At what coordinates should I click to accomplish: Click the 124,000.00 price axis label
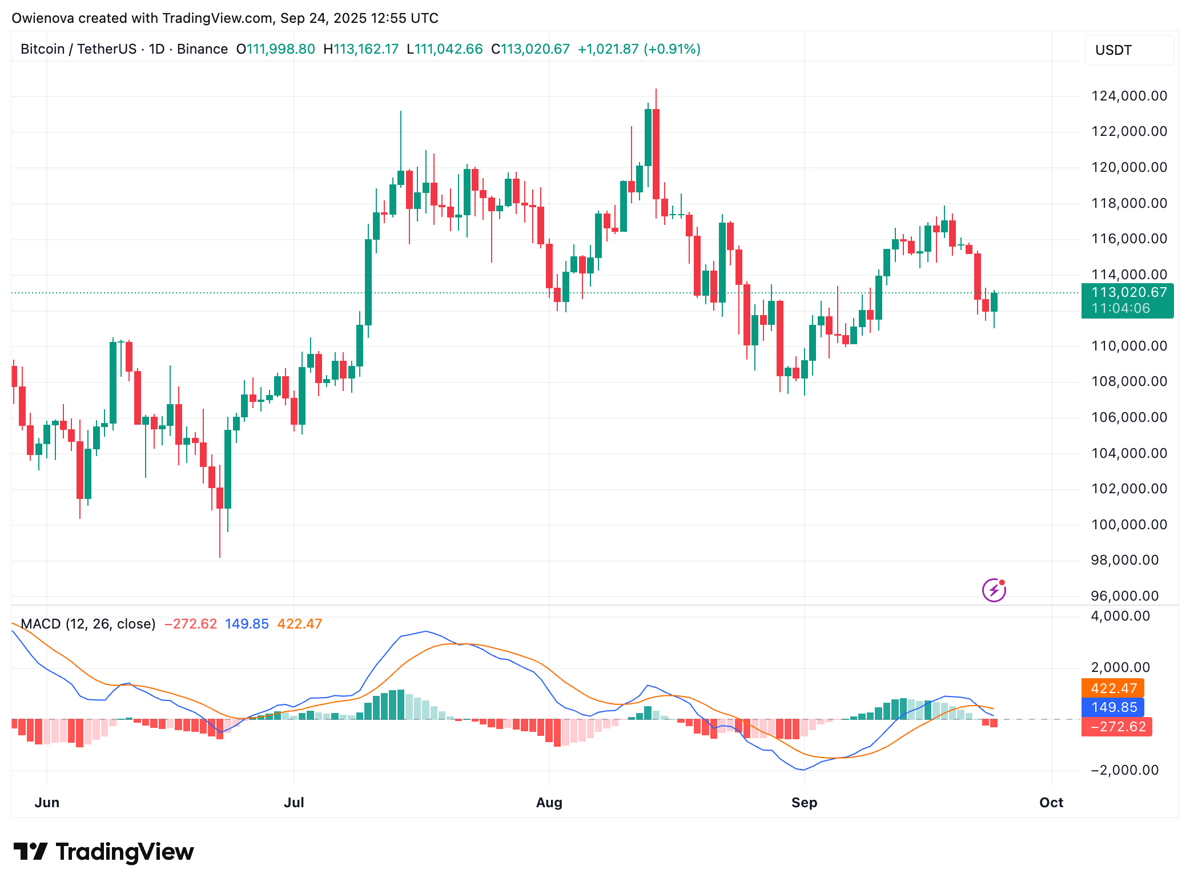1129,96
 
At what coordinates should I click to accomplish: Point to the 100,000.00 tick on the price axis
1129,525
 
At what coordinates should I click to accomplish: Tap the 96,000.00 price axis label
1124,596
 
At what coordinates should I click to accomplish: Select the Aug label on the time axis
549,803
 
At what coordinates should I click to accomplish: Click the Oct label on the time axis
1051,803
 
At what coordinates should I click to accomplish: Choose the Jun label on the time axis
47,803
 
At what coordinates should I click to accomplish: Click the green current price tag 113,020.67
1127,300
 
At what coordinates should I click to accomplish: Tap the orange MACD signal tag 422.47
1113,688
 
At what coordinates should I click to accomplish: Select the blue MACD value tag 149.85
1113,707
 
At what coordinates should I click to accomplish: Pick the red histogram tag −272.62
1117,727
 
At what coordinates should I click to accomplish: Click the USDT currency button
1128,50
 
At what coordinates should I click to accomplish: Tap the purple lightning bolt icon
994,590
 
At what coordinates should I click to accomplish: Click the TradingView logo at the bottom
104,852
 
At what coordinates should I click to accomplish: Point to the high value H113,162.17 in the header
361,49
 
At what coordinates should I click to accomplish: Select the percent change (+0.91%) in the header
672,49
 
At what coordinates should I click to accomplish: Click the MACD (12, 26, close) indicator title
88,624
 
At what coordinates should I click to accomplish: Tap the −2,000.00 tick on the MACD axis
1124,770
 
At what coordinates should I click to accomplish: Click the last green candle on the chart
994,302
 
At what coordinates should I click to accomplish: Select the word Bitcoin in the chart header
42,49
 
